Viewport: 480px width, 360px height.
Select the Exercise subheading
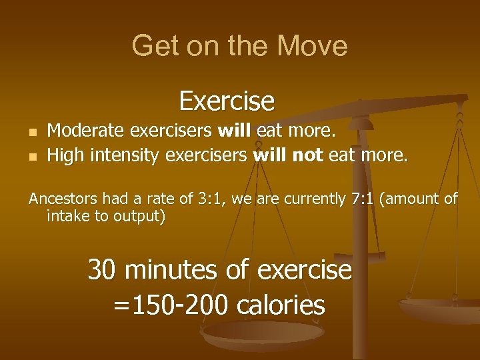(x=227, y=101)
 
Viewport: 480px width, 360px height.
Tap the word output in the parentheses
(x=140, y=217)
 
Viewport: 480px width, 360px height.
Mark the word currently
(x=309, y=199)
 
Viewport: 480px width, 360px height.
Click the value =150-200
(x=170, y=305)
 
